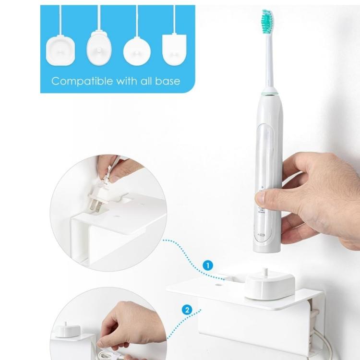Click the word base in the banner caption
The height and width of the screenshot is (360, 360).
click(x=169, y=81)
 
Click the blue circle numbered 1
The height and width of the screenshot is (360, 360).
click(x=207, y=264)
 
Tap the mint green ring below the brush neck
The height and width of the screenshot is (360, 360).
click(x=270, y=92)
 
